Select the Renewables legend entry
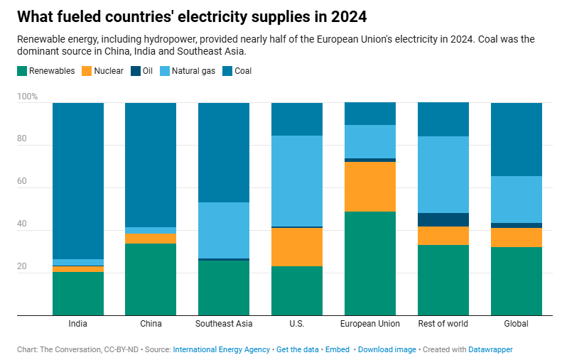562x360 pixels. (45, 71)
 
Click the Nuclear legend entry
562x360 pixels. (103, 71)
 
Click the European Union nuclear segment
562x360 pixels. (370, 186)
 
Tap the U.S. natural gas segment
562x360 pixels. (297, 180)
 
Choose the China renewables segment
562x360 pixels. (151, 279)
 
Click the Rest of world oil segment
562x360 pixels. (443, 219)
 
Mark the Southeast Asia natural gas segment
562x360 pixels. (223, 230)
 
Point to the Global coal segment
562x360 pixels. (517, 139)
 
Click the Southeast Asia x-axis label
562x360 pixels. (223, 324)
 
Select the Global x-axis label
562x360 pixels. (517, 324)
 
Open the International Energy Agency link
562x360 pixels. (221, 349)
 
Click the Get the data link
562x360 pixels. (297, 349)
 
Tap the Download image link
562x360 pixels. (387, 349)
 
